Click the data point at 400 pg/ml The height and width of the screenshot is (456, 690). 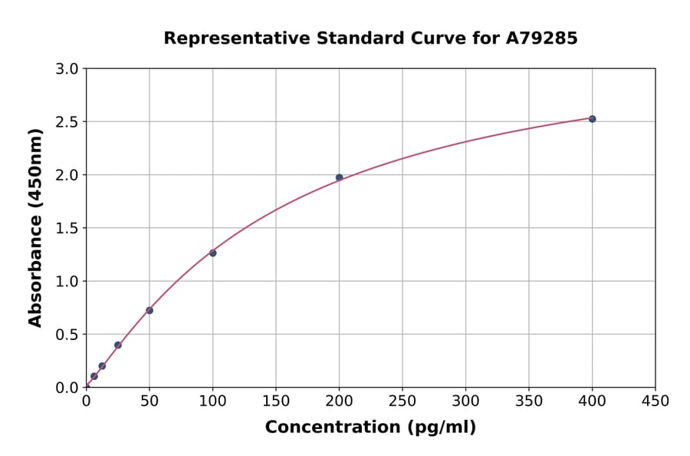point(592,119)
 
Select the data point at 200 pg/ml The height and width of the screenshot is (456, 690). point(339,177)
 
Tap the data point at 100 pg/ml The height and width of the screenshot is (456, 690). point(212,253)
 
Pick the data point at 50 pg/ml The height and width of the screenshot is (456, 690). point(149,310)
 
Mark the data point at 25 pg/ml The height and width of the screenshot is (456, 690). point(118,345)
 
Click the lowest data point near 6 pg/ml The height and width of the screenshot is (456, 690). point(94,376)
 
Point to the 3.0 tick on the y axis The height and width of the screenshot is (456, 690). point(67,69)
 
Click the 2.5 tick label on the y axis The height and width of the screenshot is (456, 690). point(67,122)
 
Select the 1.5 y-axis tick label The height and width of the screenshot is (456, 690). point(67,228)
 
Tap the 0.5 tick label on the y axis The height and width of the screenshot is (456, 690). point(67,335)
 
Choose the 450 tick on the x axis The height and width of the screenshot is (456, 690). point(655,401)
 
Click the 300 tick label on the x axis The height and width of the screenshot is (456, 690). point(465,401)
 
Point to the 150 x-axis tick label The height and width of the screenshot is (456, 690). point(276,401)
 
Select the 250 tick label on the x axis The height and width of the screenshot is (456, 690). point(402,401)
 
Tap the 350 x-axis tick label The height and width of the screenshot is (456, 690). point(529,401)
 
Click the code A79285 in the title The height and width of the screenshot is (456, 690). point(540,38)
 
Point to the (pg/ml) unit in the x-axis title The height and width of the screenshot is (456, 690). point(440,428)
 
